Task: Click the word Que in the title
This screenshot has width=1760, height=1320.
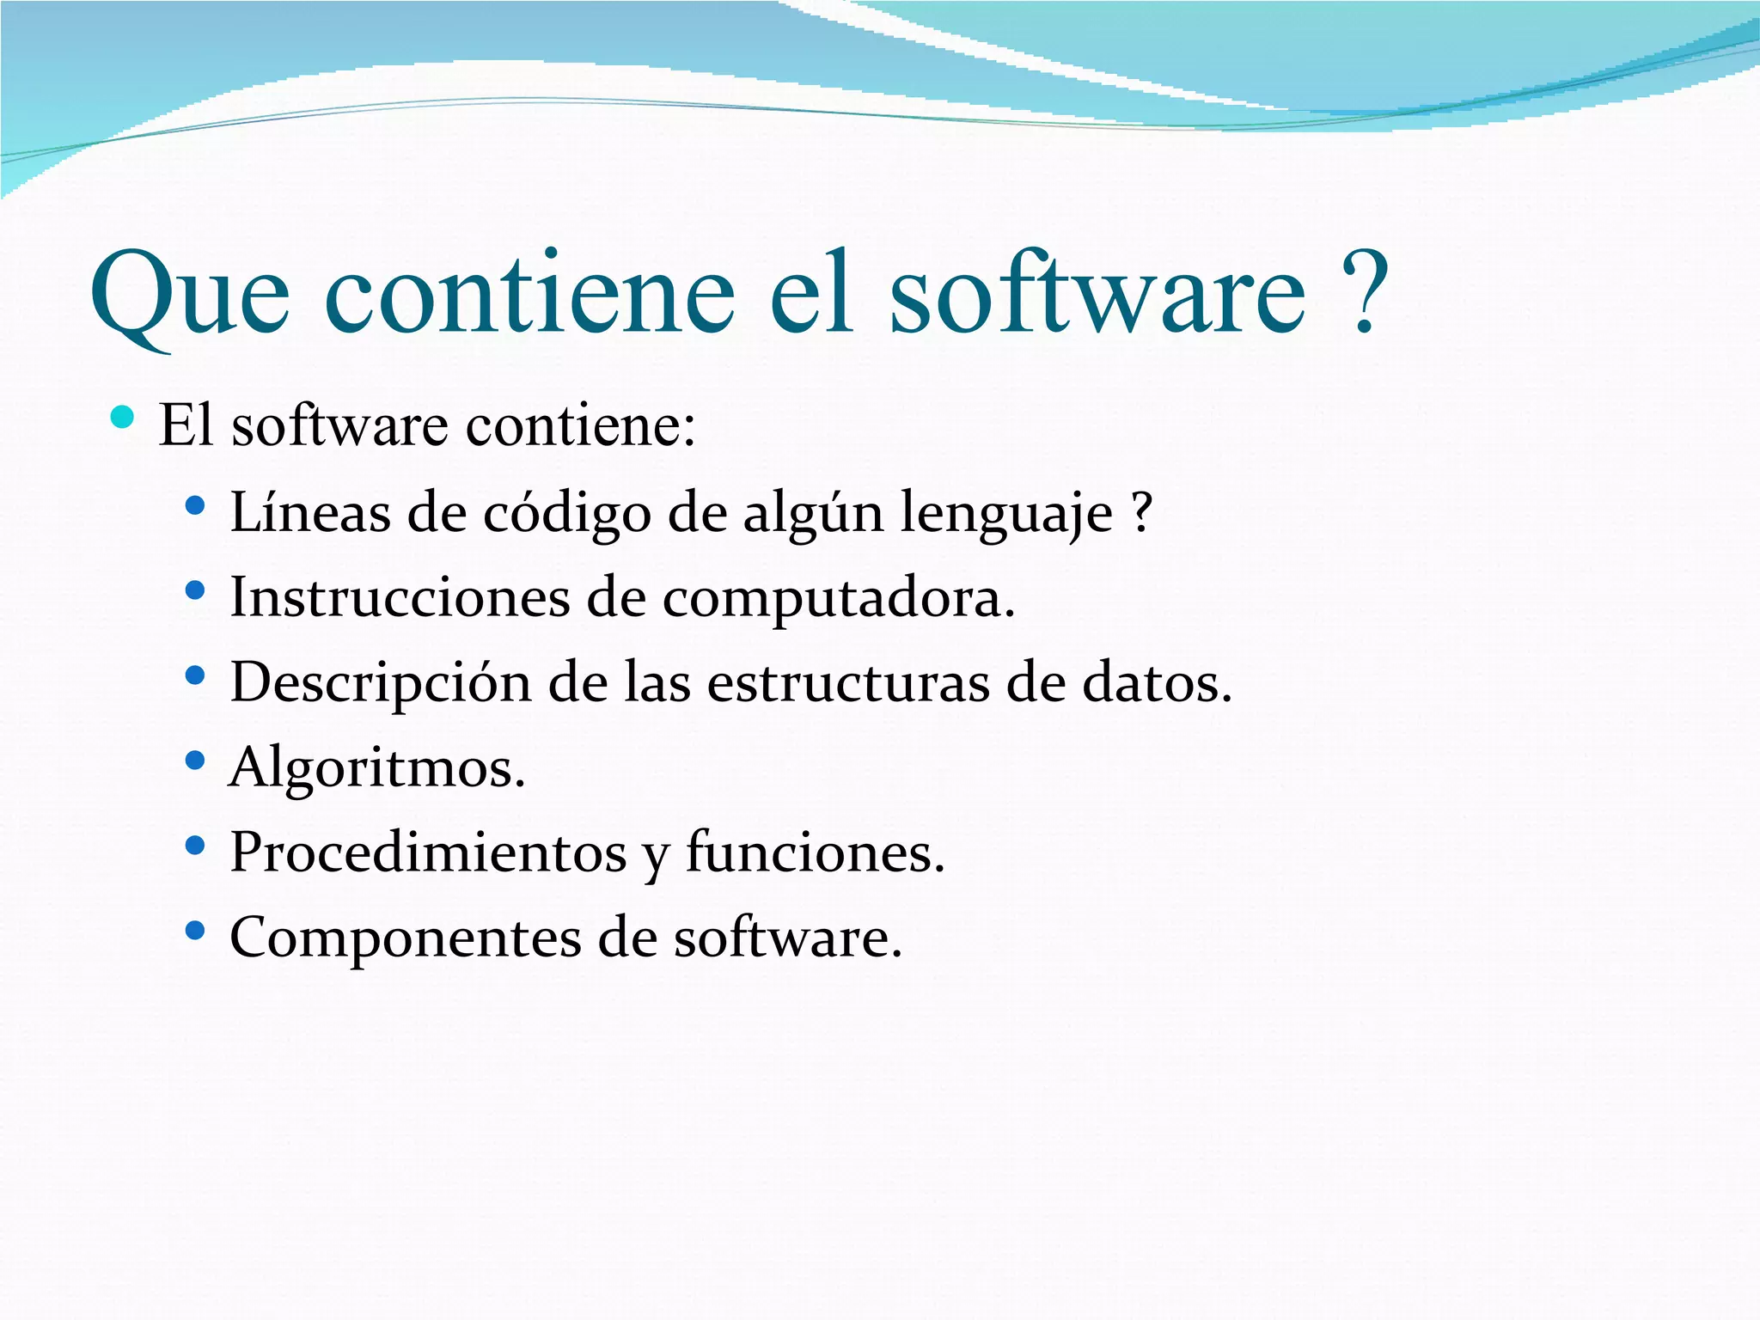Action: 190,296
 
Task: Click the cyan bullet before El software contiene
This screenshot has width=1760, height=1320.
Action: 123,418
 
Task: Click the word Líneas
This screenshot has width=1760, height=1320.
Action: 310,512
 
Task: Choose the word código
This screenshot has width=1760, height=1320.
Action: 567,514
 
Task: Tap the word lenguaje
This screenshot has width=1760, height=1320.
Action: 1005,514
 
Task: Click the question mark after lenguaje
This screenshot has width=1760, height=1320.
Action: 1140,512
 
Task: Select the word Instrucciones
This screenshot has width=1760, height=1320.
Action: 400,597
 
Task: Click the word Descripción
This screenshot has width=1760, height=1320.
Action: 381,683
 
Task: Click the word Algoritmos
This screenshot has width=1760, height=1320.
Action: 377,767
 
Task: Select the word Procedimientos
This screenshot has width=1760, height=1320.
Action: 428,852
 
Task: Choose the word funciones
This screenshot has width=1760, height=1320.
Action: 815,852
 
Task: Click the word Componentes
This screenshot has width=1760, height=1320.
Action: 406,938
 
